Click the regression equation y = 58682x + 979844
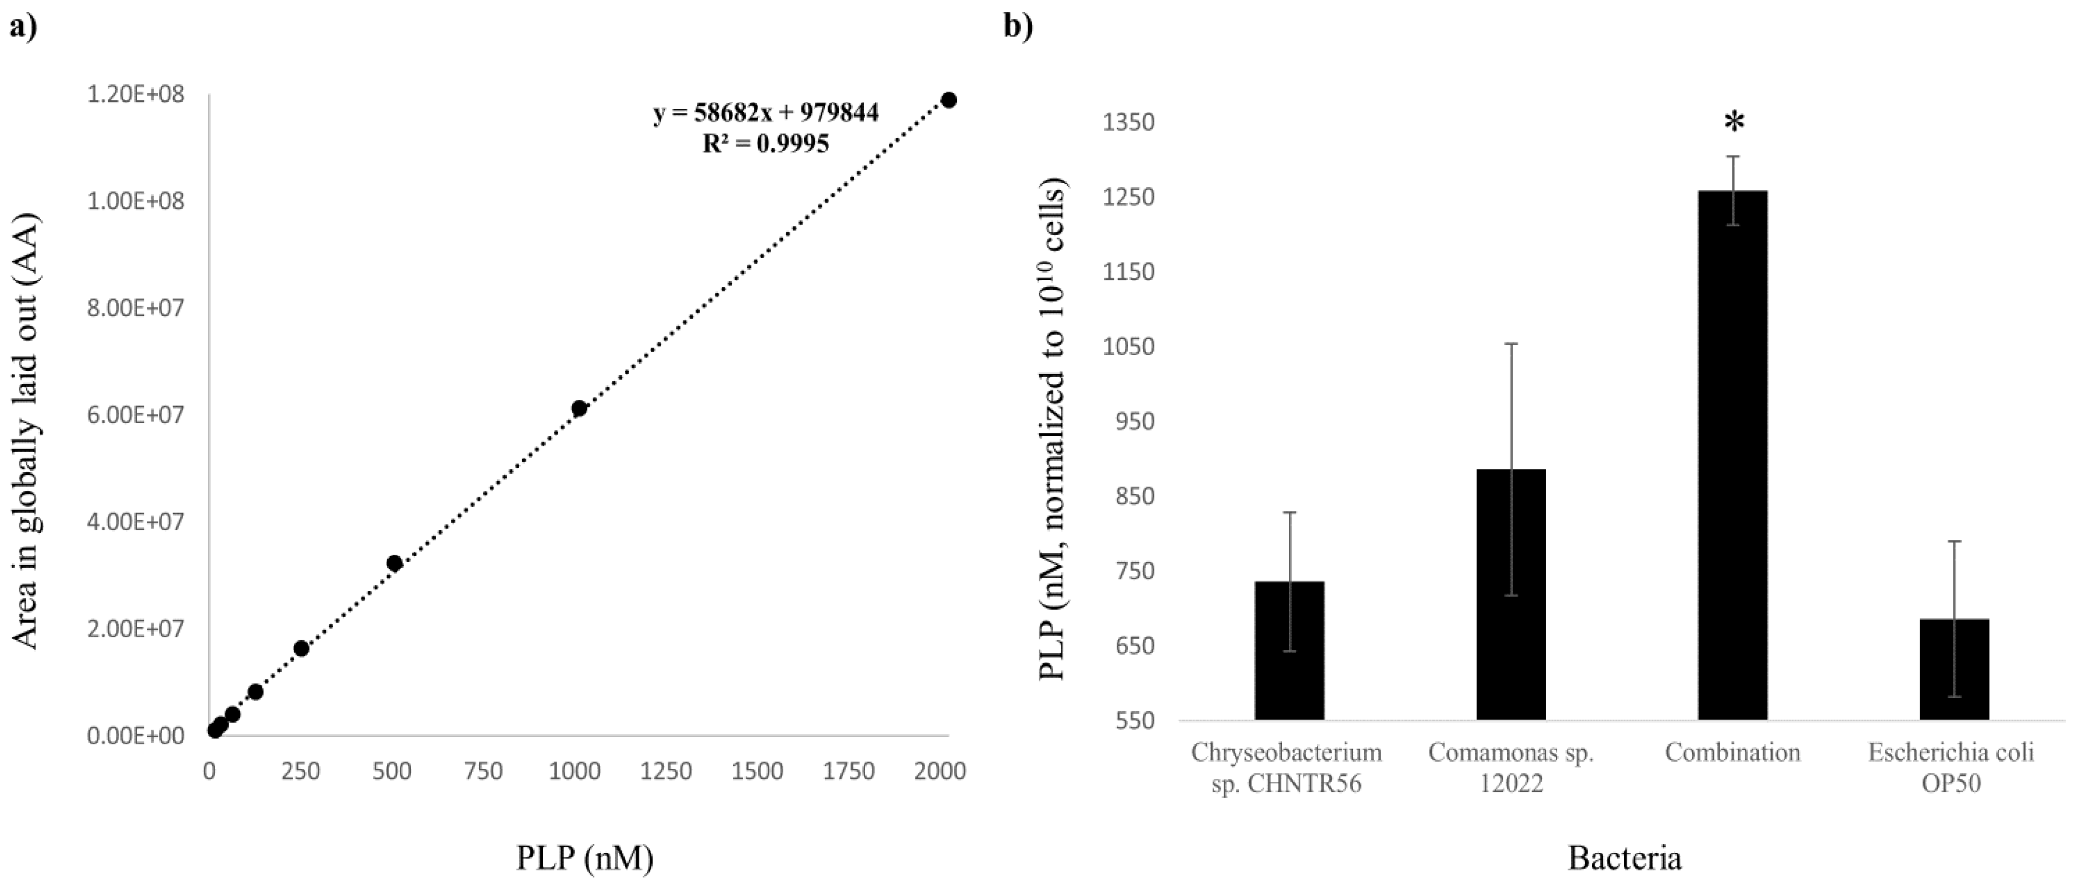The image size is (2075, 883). coord(765,113)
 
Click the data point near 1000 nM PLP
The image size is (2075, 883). coord(578,408)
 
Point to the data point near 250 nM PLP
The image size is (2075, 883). coord(301,648)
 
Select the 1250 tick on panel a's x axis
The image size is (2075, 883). coord(666,771)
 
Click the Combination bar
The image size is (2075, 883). coord(1733,455)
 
